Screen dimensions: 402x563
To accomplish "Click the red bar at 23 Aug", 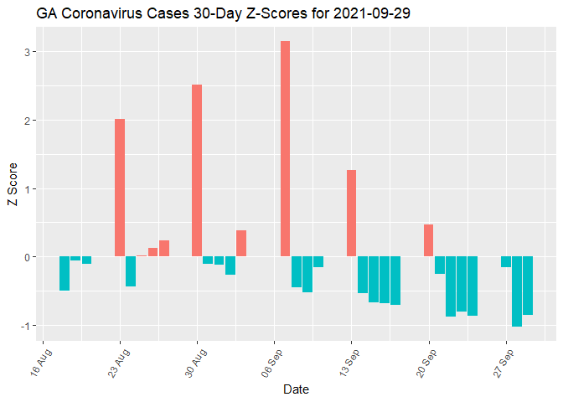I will pyautogui.click(x=120, y=188).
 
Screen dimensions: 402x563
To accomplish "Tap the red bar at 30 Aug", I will pyautogui.click(x=197, y=171).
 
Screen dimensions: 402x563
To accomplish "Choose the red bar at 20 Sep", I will pyautogui.click(x=428, y=240).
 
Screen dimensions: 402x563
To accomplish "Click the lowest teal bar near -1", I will pyautogui.click(x=517, y=291).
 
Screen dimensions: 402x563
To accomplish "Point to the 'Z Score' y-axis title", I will pyautogui.click(x=12, y=188).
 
